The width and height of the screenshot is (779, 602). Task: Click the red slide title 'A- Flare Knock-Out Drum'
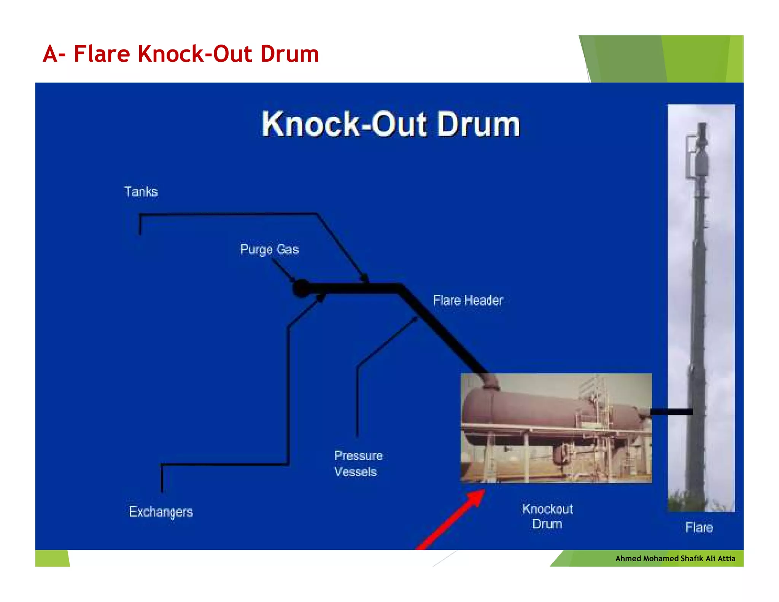click(x=181, y=54)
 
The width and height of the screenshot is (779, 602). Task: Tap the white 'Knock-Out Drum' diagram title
click(x=391, y=124)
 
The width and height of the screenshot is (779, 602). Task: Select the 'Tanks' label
click(x=141, y=191)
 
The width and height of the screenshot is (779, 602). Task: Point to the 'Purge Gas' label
click(x=269, y=250)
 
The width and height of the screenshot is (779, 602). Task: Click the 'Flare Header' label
click(x=468, y=301)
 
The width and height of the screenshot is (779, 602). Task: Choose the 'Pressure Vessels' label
click(x=358, y=464)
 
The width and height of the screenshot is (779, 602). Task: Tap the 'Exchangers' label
click(x=161, y=512)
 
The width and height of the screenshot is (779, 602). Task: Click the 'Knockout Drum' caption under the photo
click(x=547, y=517)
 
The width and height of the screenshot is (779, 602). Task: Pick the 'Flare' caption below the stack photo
click(x=699, y=527)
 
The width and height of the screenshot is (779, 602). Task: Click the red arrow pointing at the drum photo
click(x=453, y=519)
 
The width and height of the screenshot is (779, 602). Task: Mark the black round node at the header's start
click(x=302, y=288)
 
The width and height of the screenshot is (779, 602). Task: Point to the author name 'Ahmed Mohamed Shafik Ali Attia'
click(x=675, y=559)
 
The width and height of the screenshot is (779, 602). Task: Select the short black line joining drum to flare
click(x=671, y=412)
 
